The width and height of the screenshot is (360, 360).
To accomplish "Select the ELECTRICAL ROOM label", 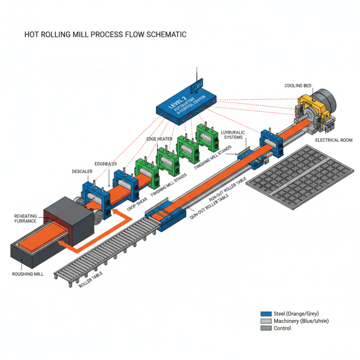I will tap(334, 140).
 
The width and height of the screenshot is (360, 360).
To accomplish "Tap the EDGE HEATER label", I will tap(159, 139).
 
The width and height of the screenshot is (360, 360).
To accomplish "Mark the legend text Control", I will tap(282, 328).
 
